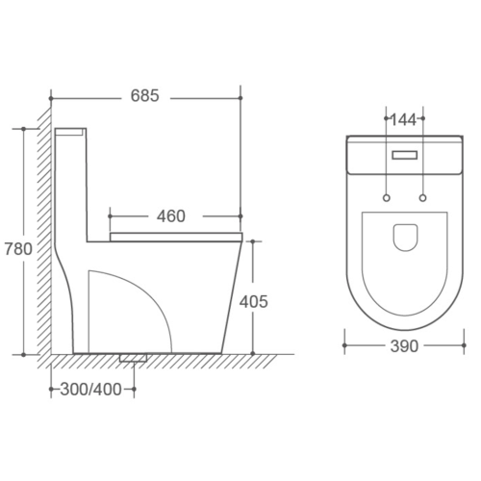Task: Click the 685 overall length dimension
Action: (144, 97)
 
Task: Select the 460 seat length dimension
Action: (170, 215)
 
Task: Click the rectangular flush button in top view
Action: (405, 152)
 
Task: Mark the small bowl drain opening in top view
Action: (405, 236)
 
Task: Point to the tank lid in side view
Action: (70, 128)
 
